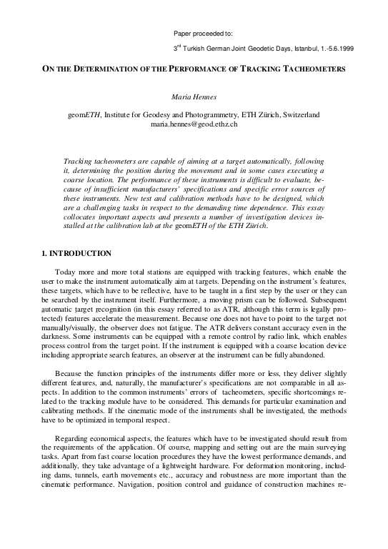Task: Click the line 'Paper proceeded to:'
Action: tap(204, 34)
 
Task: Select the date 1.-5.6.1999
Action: tap(330, 48)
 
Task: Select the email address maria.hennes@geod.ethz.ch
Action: tap(194, 124)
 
